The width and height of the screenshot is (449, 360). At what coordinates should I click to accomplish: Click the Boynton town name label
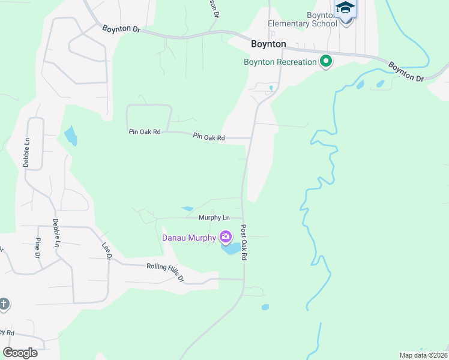pyautogui.click(x=268, y=44)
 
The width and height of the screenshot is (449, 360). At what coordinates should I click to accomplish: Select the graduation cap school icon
pyautogui.click(x=345, y=9)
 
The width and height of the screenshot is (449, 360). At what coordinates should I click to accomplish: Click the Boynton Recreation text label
pyautogui.click(x=280, y=62)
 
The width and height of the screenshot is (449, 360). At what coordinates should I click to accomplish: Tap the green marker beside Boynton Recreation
pyautogui.click(x=326, y=61)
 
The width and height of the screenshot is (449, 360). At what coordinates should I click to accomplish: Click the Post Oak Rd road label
pyautogui.click(x=244, y=242)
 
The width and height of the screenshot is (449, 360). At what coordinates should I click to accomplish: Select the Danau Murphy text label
pyautogui.click(x=189, y=238)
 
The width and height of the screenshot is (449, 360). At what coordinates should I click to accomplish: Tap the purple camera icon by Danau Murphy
pyautogui.click(x=226, y=238)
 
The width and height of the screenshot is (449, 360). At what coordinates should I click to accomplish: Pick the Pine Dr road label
pyautogui.click(x=37, y=246)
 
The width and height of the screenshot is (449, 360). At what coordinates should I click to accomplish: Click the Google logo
pyautogui.click(x=20, y=353)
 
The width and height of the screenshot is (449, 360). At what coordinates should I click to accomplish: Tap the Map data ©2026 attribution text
pyautogui.click(x=423, y=355)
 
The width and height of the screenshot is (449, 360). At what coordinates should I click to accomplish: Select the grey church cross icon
pyautogui.click(x=4, y=304)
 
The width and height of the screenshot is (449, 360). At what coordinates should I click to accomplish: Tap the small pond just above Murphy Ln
pyautogui.click(x=187, y=208)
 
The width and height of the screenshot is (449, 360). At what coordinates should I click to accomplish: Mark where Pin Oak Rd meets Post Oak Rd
pyautogui.click(x=250, y=138)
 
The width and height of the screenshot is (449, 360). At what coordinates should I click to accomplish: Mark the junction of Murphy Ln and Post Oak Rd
pyautogui.click(x=243, y=218)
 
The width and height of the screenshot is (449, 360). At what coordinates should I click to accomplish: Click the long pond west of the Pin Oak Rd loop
pyautogui.click(x=70, y=136)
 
